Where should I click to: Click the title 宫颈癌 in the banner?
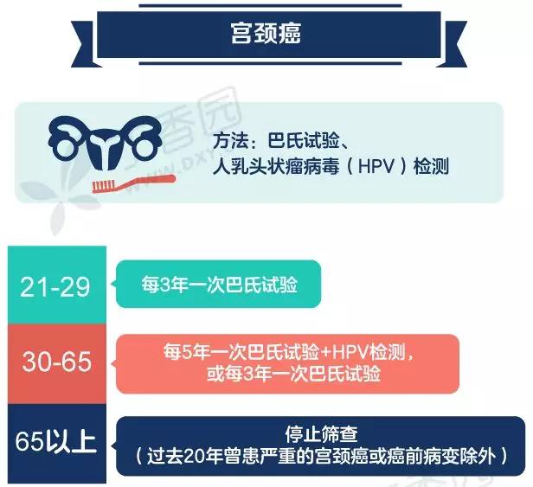click(266, 34)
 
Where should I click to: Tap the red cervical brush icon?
click(134, 183)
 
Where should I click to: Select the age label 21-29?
click(55, 287)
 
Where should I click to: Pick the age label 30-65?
click(57, 362)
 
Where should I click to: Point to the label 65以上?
click(55, 441)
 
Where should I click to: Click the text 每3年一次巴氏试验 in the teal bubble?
click(219, 285)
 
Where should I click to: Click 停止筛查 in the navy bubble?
click(321, 434)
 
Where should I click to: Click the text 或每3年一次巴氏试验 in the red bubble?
click(293, 375)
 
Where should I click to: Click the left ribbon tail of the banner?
click(84, 44)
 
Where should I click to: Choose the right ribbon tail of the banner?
click(452, 44)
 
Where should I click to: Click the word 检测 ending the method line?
click(431, 167)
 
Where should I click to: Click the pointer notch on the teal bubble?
click(113, 284)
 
